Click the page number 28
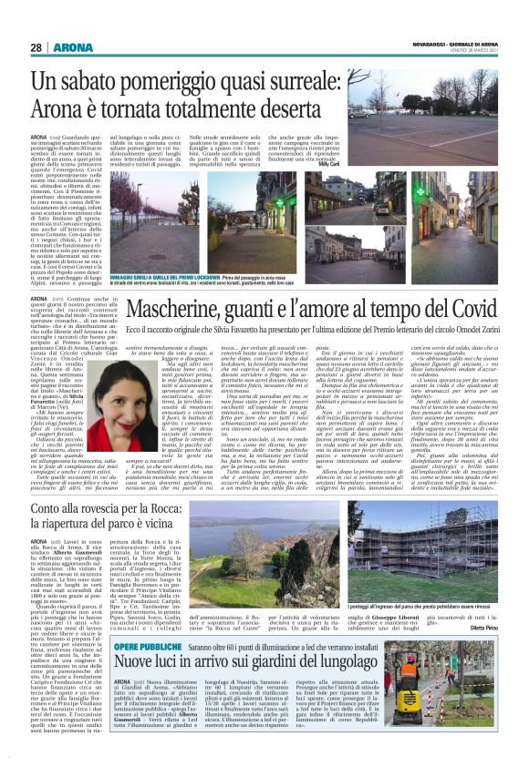(36, 47)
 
